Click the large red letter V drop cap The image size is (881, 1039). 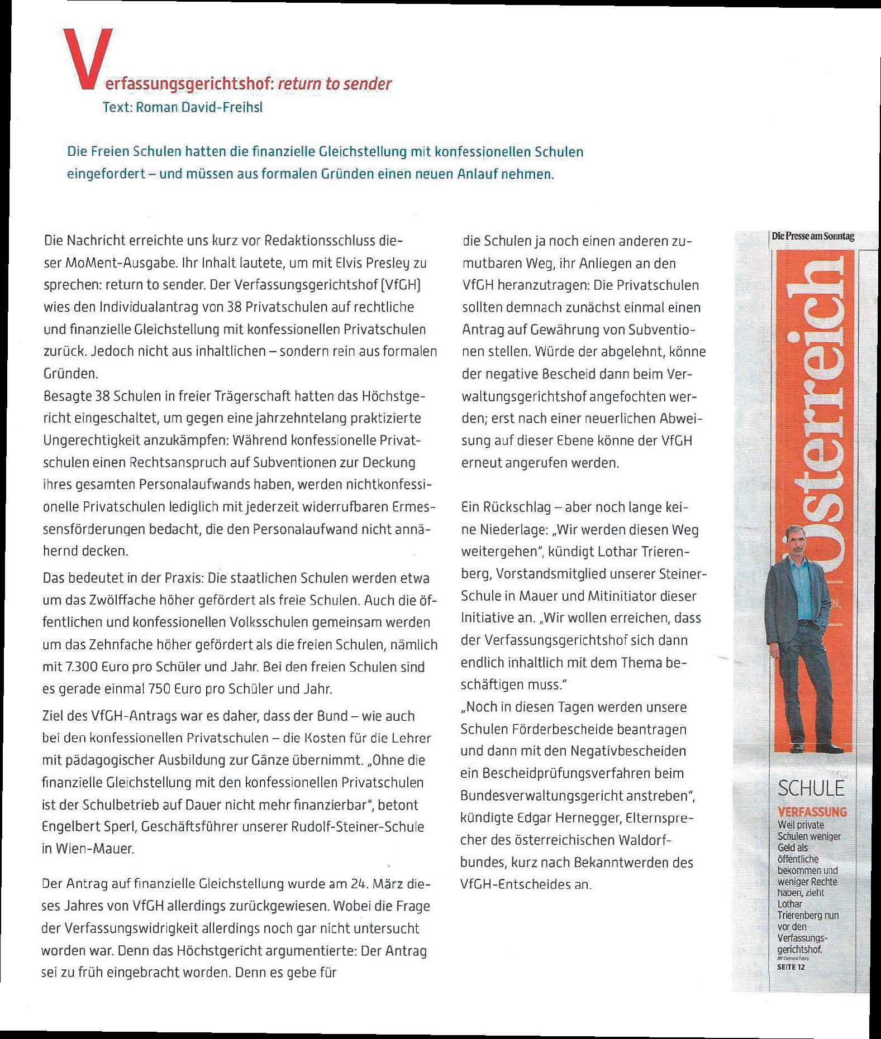tap(88, 59)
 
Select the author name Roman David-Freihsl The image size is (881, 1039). tap(199, 107)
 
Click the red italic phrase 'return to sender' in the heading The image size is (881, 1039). tap(335, 84)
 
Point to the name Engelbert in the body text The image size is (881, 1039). tap(70, 827)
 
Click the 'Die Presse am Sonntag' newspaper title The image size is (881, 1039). tap(813, 236)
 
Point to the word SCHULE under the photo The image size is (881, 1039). tap(811, 788)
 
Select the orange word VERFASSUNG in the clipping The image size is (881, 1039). tap(812, 812)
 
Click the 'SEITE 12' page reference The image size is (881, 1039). tap(791, 967)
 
